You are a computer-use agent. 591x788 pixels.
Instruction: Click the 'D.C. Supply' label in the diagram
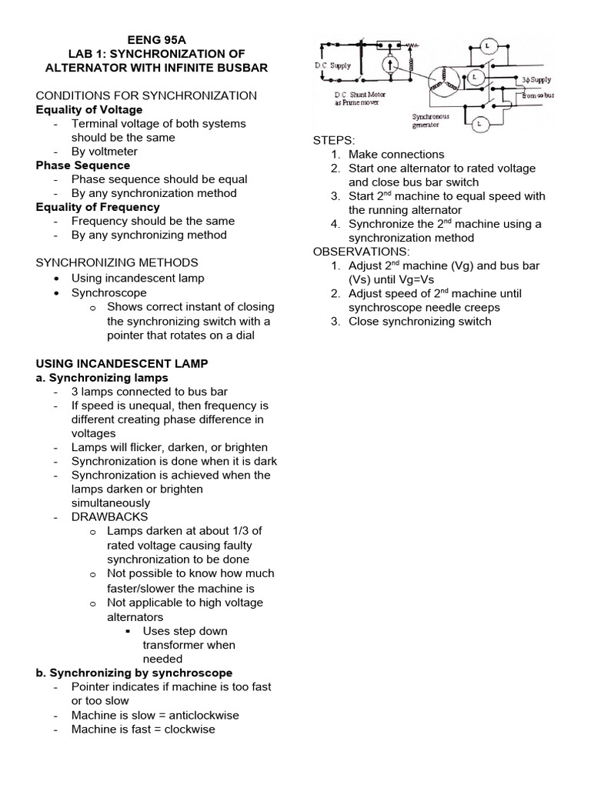coord(333,65)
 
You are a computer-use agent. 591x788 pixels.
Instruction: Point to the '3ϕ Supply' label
coord(536,79)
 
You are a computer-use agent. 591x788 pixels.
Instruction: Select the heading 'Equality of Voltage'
coord(89,109)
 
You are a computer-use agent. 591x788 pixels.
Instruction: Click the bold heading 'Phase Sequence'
coord(83,165)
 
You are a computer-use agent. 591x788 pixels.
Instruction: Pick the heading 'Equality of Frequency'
coord(98,206)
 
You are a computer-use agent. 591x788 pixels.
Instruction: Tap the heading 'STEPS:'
coord(334,140)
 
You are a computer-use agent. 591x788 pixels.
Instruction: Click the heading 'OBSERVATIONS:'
coord(362,252)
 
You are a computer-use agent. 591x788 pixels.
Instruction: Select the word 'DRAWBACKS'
coord(110,516)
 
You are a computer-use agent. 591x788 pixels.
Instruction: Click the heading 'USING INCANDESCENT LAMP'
coord(122,362)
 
